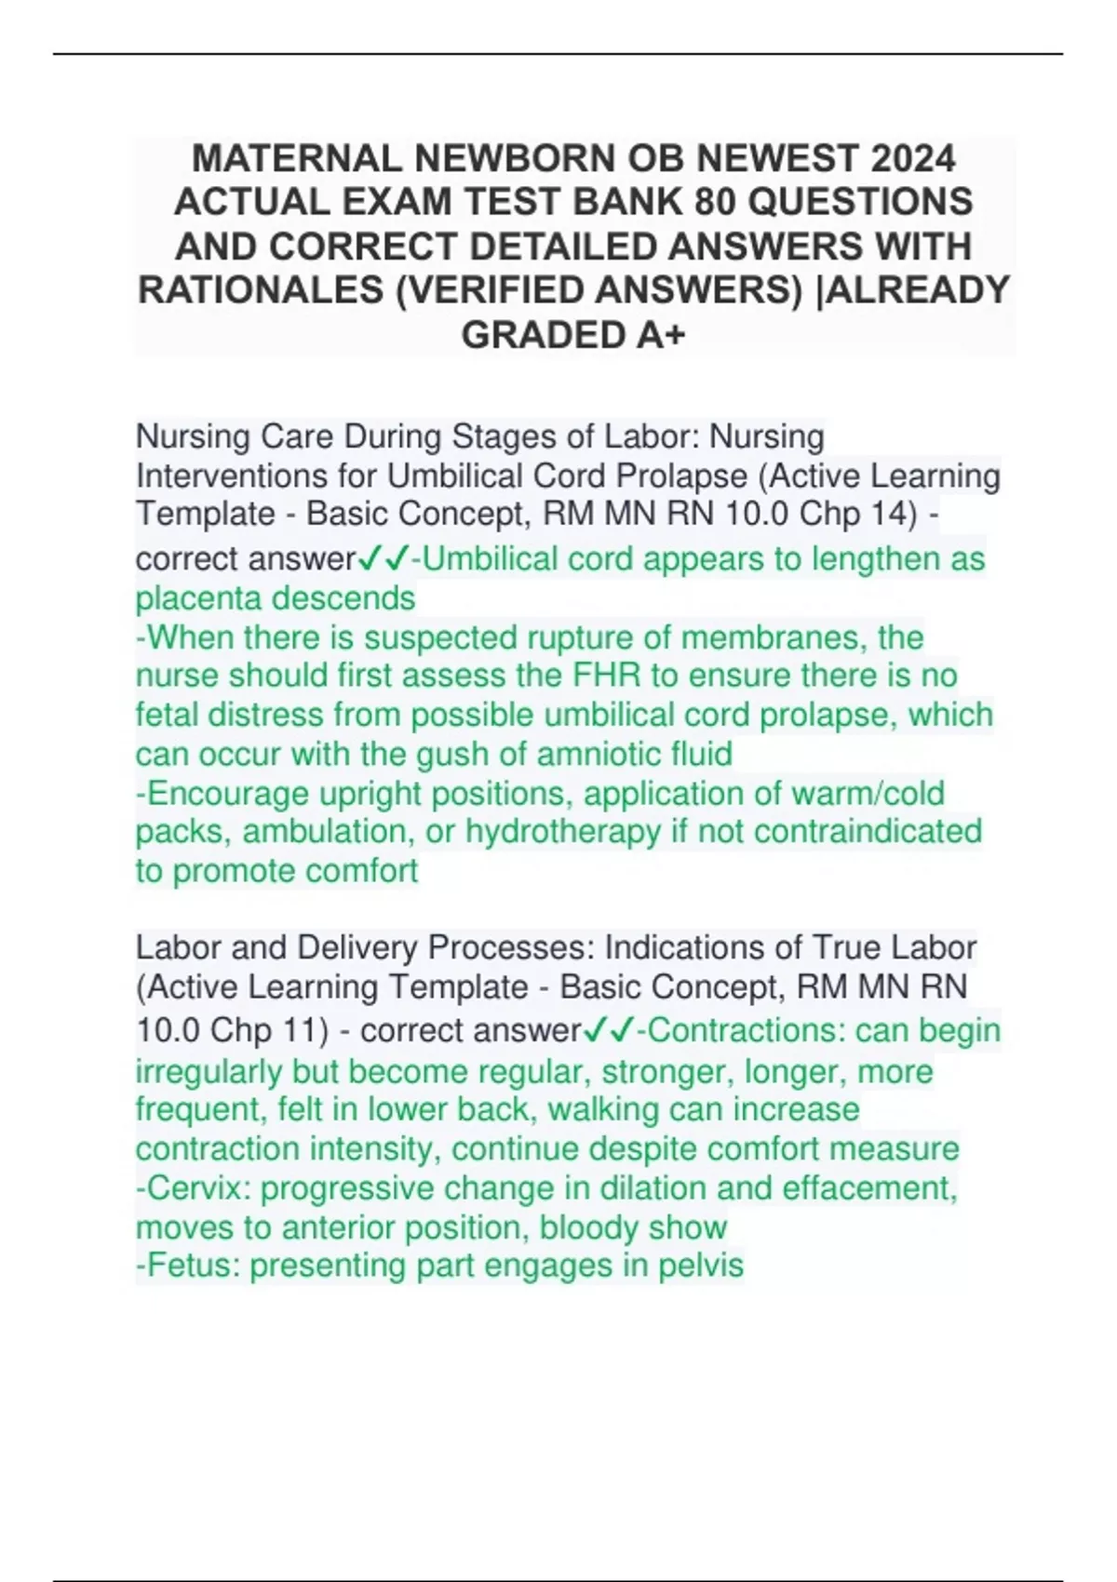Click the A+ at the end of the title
[x=662, y=335]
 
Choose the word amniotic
[x=595, y=754]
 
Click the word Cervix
[x=200, y=1188]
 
